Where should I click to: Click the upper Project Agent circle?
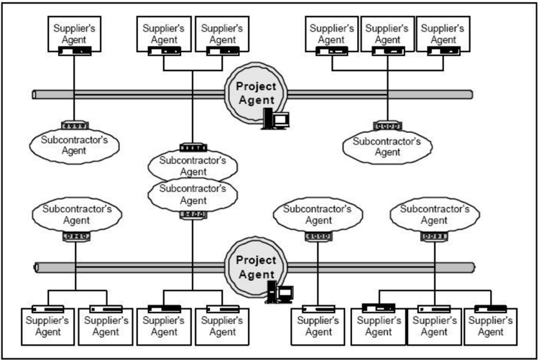point(255,93)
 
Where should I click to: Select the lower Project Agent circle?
point(255,267)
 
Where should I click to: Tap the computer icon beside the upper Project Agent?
point(275,119)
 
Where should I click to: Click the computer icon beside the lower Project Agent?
point(279,292)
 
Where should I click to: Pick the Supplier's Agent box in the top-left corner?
point(74,34)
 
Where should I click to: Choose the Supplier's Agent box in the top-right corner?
point(443,34)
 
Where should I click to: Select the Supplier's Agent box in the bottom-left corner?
point(47,327)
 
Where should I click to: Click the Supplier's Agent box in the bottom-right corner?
point(491,327)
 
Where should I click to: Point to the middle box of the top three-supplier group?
point(387,34)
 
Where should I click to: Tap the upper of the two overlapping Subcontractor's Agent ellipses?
point(193,166)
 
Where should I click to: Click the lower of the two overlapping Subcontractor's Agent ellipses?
point(193,195)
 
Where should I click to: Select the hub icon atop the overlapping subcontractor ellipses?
point(193,147)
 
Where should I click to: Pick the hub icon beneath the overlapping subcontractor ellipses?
point(193,215)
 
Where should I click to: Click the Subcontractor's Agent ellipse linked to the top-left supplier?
point(74,146)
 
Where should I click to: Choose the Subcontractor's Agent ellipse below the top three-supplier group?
point(387,147)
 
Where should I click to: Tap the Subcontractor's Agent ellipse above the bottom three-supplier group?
point(435,215)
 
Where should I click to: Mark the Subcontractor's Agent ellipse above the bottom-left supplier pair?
point(77,215)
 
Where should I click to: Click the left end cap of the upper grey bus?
point(34,95)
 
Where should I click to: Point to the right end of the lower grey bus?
point(473,267)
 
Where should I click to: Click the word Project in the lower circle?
point(256,260)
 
